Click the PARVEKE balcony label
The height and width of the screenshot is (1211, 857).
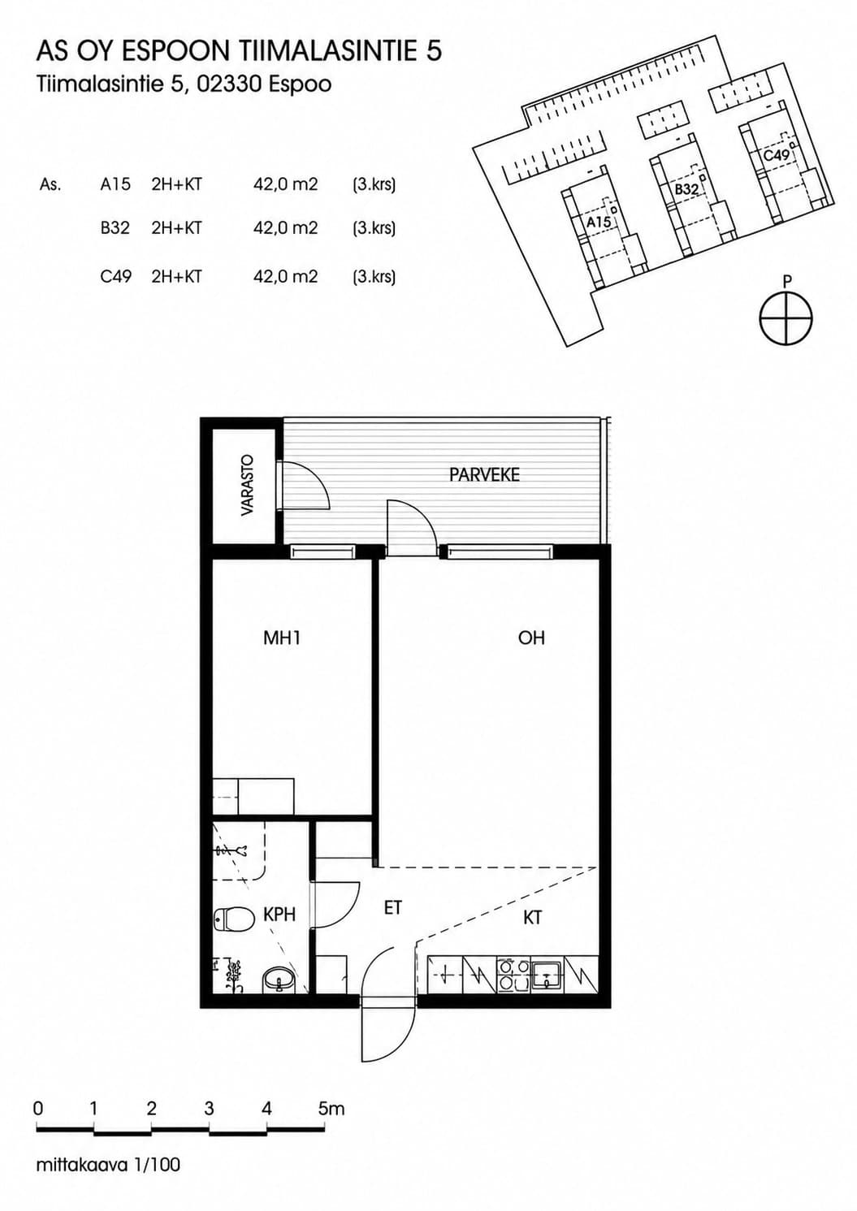pos(484,474)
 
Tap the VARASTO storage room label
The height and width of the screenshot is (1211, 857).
pos(248,486)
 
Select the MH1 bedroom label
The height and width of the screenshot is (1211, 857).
pos(282,638)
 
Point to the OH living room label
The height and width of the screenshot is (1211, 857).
pos(531,638)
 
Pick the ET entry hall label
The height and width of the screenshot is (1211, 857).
pos(393,908)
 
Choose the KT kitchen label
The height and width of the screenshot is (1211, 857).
pos(533,918)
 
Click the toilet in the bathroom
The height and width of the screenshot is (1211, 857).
pos(234,918)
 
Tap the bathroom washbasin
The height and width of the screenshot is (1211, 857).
pos(279,980)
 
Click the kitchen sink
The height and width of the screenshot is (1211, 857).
pos(548,975)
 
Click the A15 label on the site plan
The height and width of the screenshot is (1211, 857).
pos(599,223)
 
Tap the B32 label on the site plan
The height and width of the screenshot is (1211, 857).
pos(686,189)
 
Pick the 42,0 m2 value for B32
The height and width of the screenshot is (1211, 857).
pos(285,228)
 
